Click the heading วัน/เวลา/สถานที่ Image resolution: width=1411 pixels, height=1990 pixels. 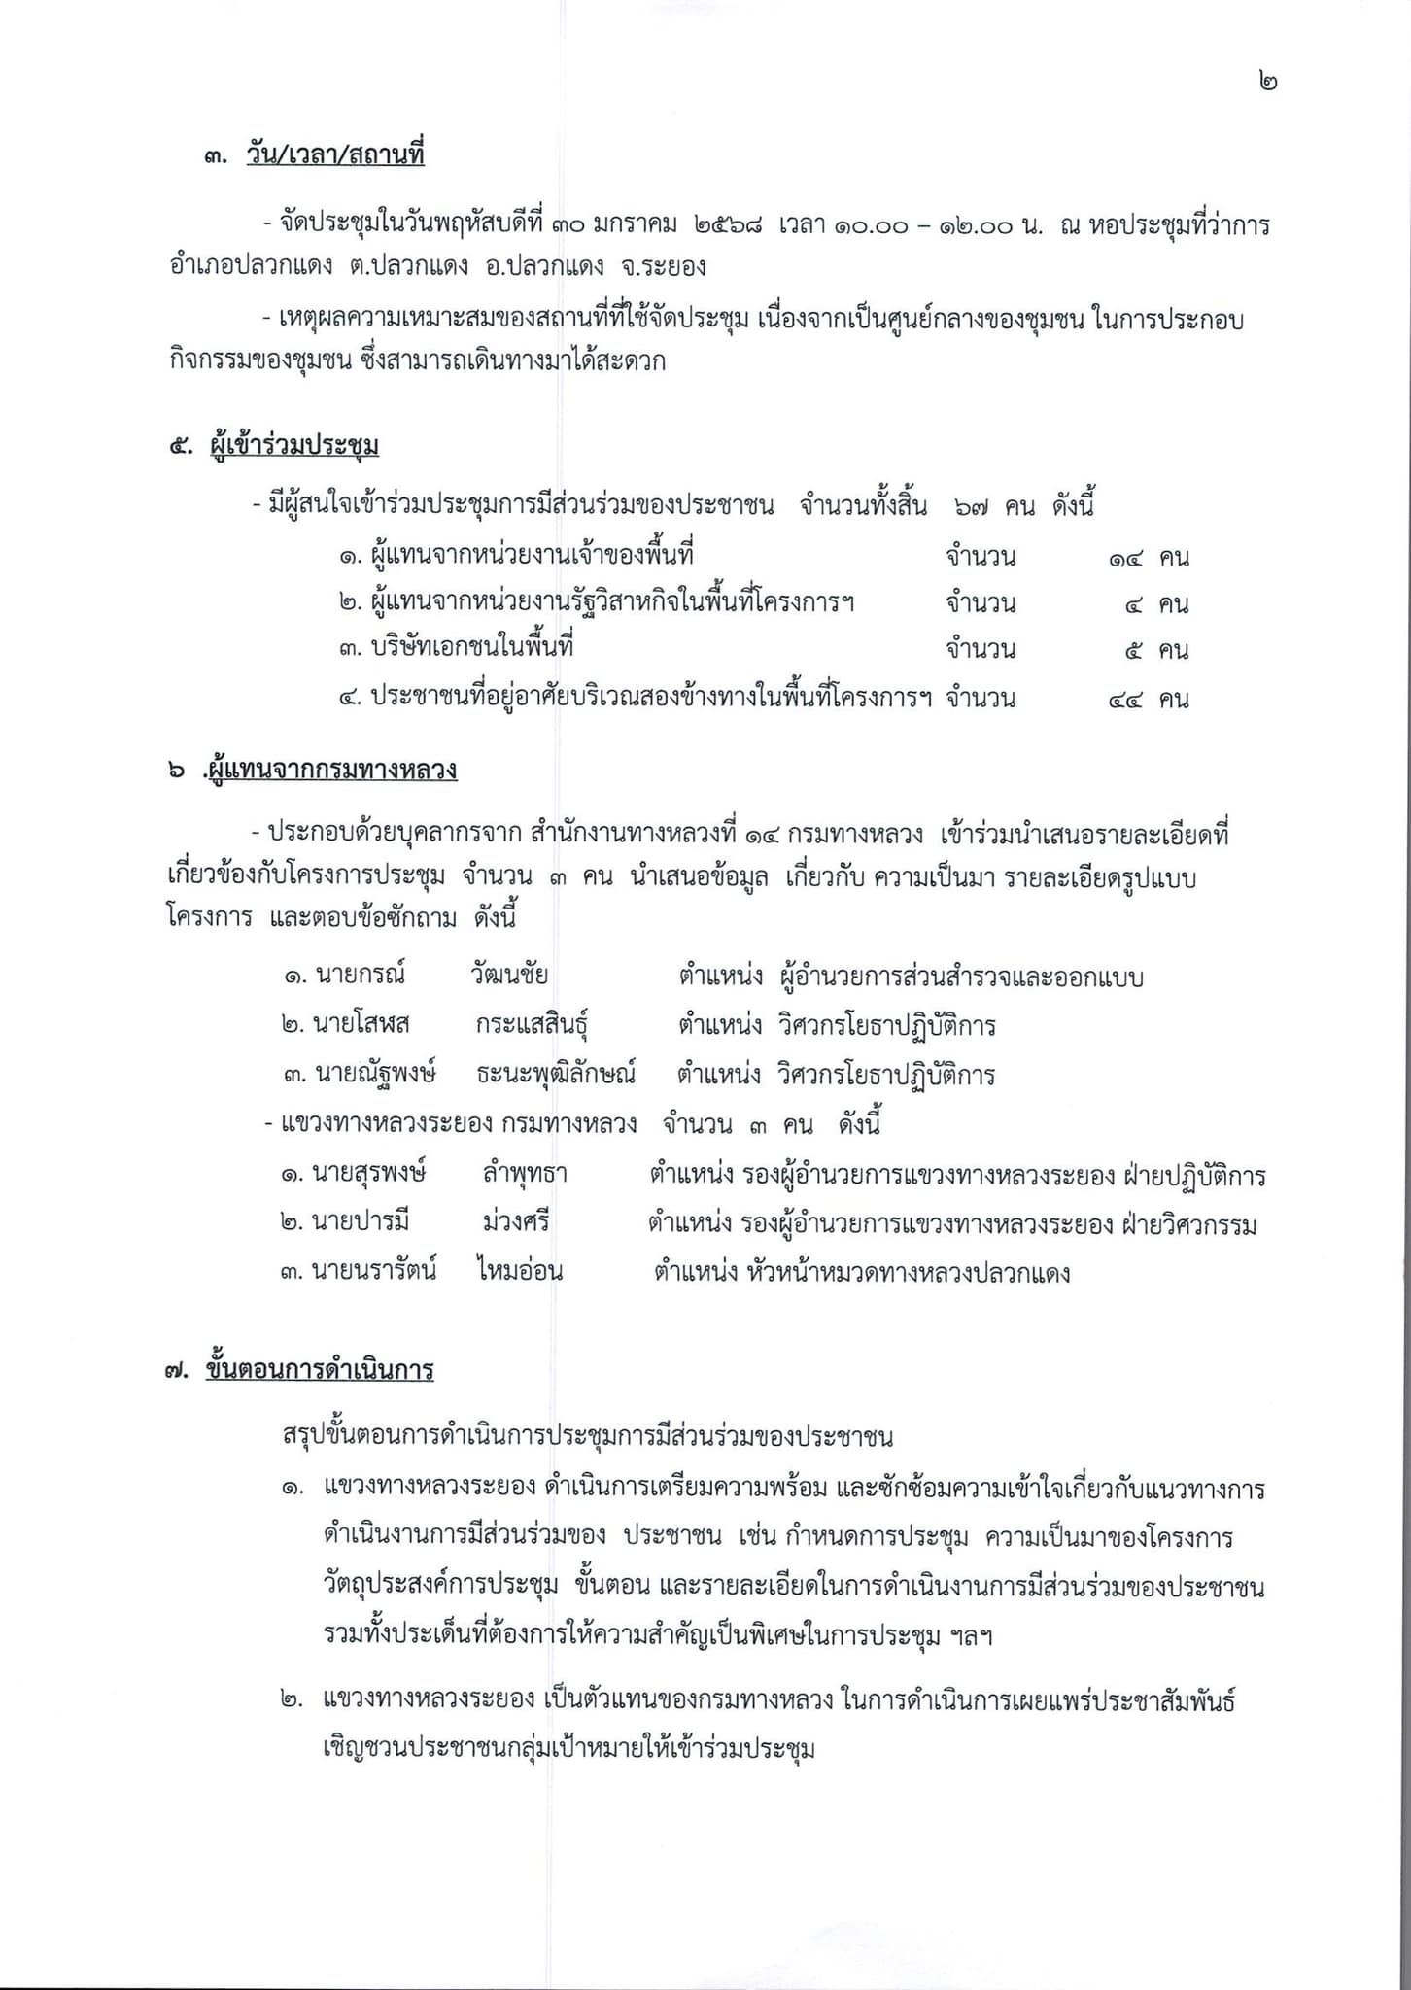coord(335,155)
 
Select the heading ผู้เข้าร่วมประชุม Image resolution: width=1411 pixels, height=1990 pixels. coord(293,446)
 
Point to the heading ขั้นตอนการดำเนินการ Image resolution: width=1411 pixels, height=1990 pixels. coord(320,1370)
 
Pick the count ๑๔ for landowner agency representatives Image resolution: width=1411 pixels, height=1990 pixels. coord(1125,559)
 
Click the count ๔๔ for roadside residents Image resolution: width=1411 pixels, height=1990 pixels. coord(1125,699)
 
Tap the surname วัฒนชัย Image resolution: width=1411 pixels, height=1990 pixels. coord(508,976)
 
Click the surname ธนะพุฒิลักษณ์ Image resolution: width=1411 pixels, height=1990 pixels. coord(556,1075)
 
